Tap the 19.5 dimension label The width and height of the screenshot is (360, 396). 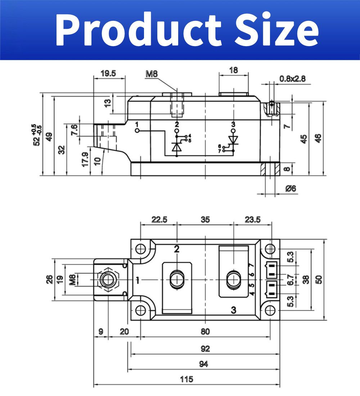coord(108,73)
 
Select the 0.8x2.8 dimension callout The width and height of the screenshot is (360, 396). coord(292,78)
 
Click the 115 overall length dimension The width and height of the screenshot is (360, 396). coord(187,379)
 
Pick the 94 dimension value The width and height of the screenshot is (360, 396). coord(203,364)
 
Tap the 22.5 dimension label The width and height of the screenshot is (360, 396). coord(159,220)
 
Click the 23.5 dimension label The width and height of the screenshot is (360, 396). coord(252,220)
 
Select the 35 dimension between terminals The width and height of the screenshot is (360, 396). coord(205,220)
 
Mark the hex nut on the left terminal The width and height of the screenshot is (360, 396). coord(108,279)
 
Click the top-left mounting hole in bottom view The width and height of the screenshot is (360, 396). coord(141,249)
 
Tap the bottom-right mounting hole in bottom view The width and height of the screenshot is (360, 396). coord(270,310)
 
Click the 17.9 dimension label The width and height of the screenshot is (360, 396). coord(85,159)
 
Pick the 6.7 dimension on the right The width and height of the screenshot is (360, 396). coord(291,279)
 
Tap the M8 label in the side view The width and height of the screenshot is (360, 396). coord(152,74)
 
